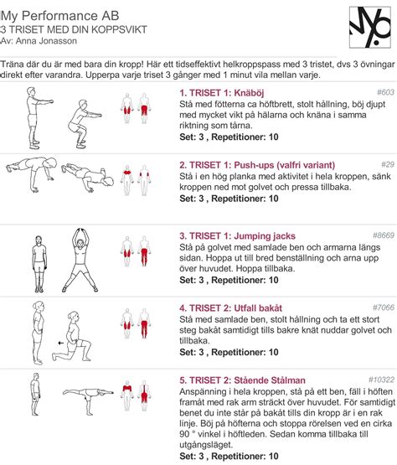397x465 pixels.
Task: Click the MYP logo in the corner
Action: [370, 28]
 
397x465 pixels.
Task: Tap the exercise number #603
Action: [385, 92]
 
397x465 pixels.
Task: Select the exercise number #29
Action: [388, 164]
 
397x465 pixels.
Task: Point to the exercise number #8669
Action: [384, 235]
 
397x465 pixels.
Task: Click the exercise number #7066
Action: [384, 307]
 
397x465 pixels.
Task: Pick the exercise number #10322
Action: [382, 380]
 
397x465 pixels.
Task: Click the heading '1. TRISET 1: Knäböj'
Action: [221, 93]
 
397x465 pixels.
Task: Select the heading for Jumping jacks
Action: [237, 236]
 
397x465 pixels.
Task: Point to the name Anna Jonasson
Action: [46, 41]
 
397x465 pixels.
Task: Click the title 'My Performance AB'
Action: [59, 16]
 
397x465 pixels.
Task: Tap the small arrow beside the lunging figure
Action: [61, 344]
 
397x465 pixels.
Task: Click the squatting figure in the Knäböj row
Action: [85, 124]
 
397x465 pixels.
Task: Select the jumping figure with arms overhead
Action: [80, 260]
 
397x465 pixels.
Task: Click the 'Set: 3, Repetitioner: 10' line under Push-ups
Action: [229, 199]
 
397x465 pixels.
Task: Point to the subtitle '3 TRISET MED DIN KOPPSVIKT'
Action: [74, 29]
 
